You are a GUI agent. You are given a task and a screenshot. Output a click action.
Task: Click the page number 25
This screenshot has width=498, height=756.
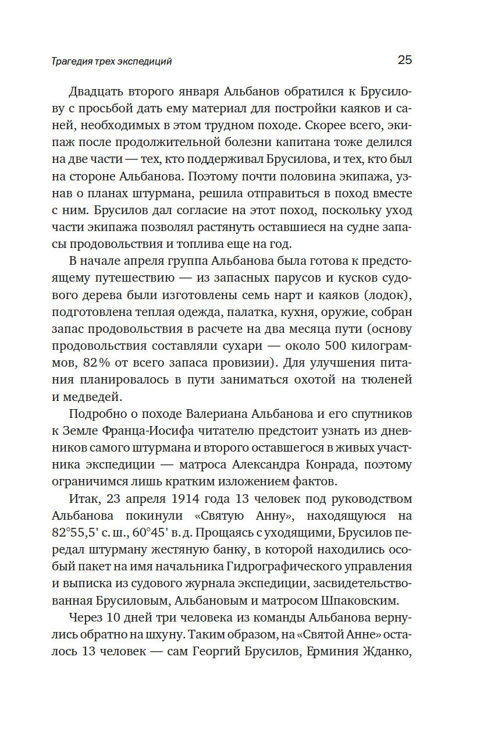pos(404,60)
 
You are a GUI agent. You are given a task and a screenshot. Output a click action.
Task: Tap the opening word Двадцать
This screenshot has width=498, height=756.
pos(97,92)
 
